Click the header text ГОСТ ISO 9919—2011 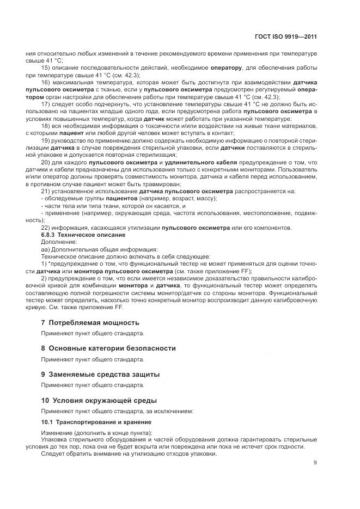(x=286, y=37)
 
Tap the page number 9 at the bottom (x=315, y=463)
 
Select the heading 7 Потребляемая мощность (x=90, y=323)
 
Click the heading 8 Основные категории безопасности (x=108, y=348)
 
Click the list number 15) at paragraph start (x=46, y=68)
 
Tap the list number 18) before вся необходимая (x=46, y=125)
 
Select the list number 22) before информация (x=46, y=227)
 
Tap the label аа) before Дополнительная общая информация (x=45, y=249)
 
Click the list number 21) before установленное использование (x=46, y=191)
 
